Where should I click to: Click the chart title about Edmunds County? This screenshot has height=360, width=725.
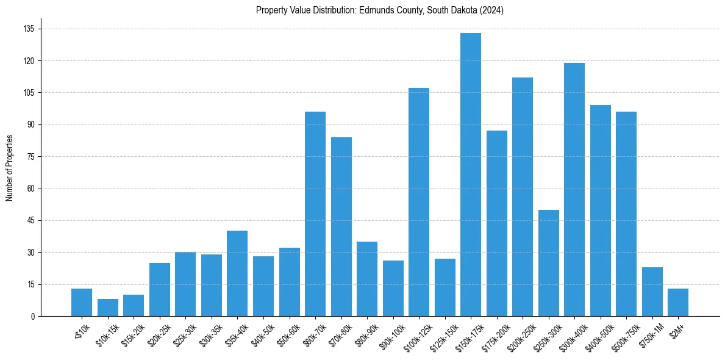(379, 10)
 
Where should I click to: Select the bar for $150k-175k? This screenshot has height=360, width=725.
(471, 175)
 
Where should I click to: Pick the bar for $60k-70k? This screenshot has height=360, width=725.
(315, 214)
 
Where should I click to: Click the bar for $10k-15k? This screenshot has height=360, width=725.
(108, 308)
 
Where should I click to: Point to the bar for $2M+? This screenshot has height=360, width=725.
(678, 302)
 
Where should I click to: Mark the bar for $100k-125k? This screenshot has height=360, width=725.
(419, 202)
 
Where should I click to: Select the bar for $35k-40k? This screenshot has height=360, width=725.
(237, 273)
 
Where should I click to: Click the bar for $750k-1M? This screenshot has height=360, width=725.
(652, 292)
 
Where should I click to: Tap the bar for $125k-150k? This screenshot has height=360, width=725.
(445, 287)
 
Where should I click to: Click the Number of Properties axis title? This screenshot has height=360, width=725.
(9, 168)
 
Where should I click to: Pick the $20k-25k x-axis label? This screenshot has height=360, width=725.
(156, 333)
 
